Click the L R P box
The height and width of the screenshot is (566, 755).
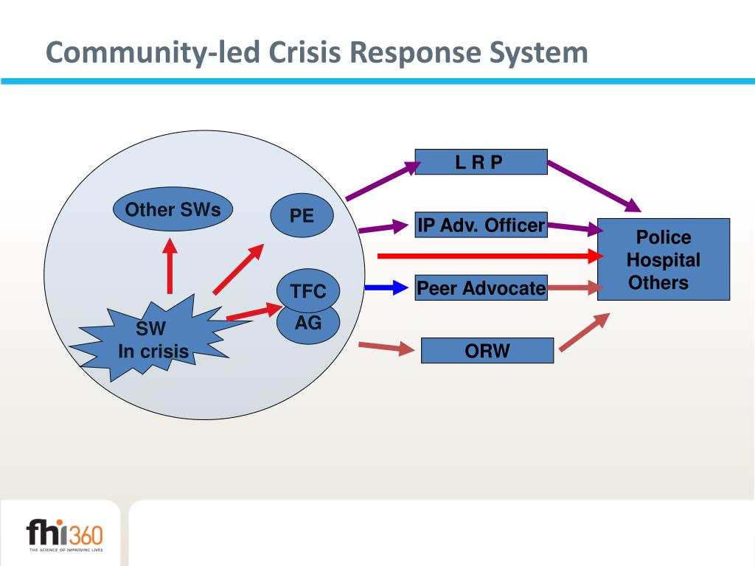tap(481, 161)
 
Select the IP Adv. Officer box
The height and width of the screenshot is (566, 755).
tap(481, 225)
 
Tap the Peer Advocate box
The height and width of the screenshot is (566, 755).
tap(481, 288)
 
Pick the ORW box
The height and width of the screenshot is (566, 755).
tap(487, 350)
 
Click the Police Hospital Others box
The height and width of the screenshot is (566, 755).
tap(664, 259)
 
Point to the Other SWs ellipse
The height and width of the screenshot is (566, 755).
tap(173, 209)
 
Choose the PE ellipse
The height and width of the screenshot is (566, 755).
tap(302, 215)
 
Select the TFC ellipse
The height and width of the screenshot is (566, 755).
tap(308, 290)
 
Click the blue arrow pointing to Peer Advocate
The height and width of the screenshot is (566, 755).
tap(386, 288)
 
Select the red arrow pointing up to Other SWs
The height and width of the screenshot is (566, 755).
tap(170, 265)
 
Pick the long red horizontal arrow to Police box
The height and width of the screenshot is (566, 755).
tap(490, 256)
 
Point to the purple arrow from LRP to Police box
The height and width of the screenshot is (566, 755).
tap(595, 186)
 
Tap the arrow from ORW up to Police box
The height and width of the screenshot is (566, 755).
tap(585, 332)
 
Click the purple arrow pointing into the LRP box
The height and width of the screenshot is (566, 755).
tap(383, 181)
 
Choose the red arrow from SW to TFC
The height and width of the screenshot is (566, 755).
tap(254, 311)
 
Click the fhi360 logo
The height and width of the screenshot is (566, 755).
tap(65, 535)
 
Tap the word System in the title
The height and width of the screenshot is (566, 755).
tap(538, 53)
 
